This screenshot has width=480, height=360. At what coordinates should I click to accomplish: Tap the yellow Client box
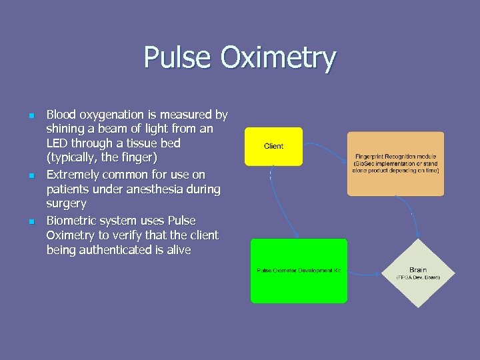pos(273,146)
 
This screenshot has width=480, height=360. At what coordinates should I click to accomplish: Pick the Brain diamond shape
pos(418,274)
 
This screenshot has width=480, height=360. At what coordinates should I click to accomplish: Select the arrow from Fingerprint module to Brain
pos(415,220)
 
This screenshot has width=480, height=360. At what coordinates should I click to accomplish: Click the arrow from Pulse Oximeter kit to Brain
pos(365,273)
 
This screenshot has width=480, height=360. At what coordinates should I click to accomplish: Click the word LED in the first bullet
pos(58,144)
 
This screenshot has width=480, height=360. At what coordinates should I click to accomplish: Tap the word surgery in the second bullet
pos(66,204)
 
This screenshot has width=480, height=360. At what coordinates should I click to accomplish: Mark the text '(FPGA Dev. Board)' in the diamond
pos(418,277)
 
